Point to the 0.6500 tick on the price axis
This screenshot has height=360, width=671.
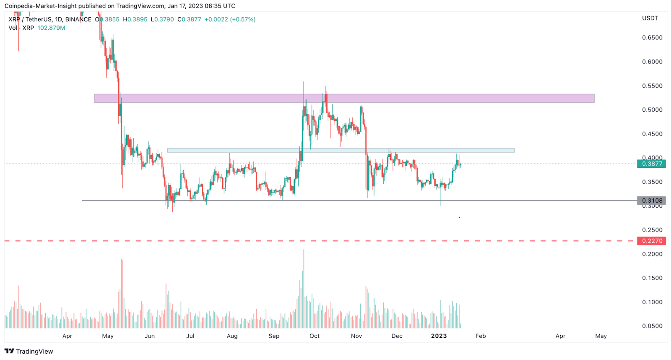coord(652,38)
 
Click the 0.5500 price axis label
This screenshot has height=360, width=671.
coord(652,86)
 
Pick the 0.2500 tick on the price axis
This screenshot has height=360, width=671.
coord(652,230)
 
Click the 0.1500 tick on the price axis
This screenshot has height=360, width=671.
coord(652,278)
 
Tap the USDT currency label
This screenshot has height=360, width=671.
coord(650,18)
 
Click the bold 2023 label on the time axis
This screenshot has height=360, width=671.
coord(439,336)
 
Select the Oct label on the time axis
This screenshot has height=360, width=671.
coord(315,336)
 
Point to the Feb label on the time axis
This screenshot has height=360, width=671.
coord(481,336)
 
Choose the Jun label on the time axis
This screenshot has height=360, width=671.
coord(150,336)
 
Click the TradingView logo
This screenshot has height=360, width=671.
coord(29,352)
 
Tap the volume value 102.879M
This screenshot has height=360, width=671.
coord(51,28)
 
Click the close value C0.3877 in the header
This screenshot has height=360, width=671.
coord(189,19)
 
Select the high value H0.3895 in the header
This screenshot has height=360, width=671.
coord(135,19)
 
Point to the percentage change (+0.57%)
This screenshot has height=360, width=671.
coord(243,19)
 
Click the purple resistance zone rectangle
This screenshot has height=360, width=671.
coord(344,98)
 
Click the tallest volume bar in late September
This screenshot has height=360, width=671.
coord(304,290)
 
